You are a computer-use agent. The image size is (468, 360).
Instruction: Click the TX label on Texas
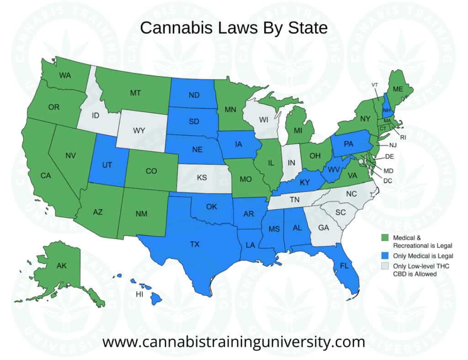(x=195, y=244)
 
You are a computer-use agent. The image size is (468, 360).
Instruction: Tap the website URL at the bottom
(x=234, y=341)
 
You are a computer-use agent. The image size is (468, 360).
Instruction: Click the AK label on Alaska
(x=62, y=265)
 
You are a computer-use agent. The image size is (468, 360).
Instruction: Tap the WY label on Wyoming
(x=139, y=131)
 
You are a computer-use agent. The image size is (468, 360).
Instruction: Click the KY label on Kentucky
(x=305, y=182)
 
